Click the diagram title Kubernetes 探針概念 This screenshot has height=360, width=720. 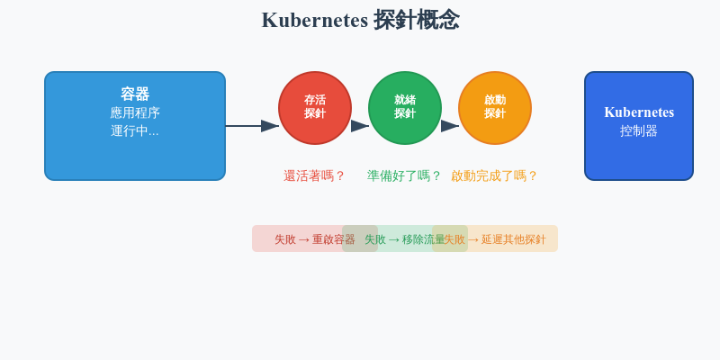(x=360, y=20)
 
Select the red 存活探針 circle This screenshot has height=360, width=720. (x=315, y=108)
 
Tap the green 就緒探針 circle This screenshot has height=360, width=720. (x=405, y=108)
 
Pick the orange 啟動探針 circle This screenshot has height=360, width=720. (x=495, y=108)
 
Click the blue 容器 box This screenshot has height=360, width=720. (x=135, y=157)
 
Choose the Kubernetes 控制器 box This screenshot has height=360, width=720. (x=639, y=153)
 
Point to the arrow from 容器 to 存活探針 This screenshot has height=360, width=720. (x=252, y=126)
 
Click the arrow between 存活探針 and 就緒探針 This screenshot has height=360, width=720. (x=360, y=126)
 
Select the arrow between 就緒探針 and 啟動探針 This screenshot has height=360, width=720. (x=450, y=126)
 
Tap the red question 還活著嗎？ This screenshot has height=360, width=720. (x=314, y=175)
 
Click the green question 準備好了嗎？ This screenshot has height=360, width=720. (x=404, y=175)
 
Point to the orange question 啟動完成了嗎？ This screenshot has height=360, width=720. (x=494, y=175)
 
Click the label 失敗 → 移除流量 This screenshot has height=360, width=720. (x=400, y=239)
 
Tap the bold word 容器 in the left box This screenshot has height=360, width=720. (x=135, y=94)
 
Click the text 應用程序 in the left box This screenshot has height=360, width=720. (x=135, y=112)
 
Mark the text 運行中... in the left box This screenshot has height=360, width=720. (x=135, y=130)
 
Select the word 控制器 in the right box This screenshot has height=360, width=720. (x=639, y=130)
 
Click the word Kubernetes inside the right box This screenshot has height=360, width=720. (x=639, y=112)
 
